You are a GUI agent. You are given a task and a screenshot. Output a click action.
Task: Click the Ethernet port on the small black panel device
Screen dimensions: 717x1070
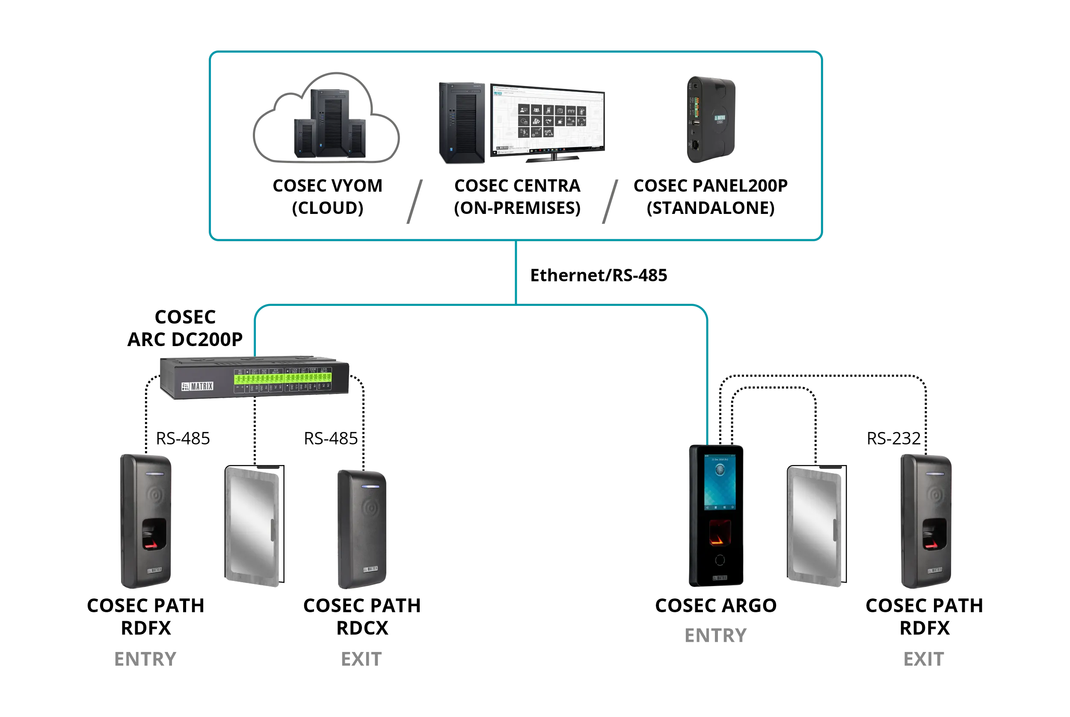tap(696, 145)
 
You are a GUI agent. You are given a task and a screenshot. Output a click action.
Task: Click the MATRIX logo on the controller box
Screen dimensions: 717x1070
tap(198, 386)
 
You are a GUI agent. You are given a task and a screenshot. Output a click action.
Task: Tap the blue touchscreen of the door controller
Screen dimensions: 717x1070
tap(720, 483)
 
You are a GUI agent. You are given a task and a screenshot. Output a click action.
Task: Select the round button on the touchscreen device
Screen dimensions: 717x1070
tap(720, 560)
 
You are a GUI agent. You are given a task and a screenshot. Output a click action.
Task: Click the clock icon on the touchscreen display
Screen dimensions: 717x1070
tap(720, 470)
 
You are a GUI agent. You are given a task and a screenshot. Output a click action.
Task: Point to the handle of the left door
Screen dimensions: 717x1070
tap(273, 531)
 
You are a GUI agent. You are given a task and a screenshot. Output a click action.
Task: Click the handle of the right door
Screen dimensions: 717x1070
tap(836, 531)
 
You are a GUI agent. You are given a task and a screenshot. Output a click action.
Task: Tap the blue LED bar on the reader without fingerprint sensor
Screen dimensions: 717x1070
tap(370, 486)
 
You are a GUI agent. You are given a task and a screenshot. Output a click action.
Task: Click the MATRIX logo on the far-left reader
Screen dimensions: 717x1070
tap(154, 570)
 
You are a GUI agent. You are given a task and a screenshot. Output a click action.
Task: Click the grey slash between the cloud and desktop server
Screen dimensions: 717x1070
tap(414, 201)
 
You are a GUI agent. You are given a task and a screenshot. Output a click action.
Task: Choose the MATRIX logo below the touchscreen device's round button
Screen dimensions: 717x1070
tap(720, 578)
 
